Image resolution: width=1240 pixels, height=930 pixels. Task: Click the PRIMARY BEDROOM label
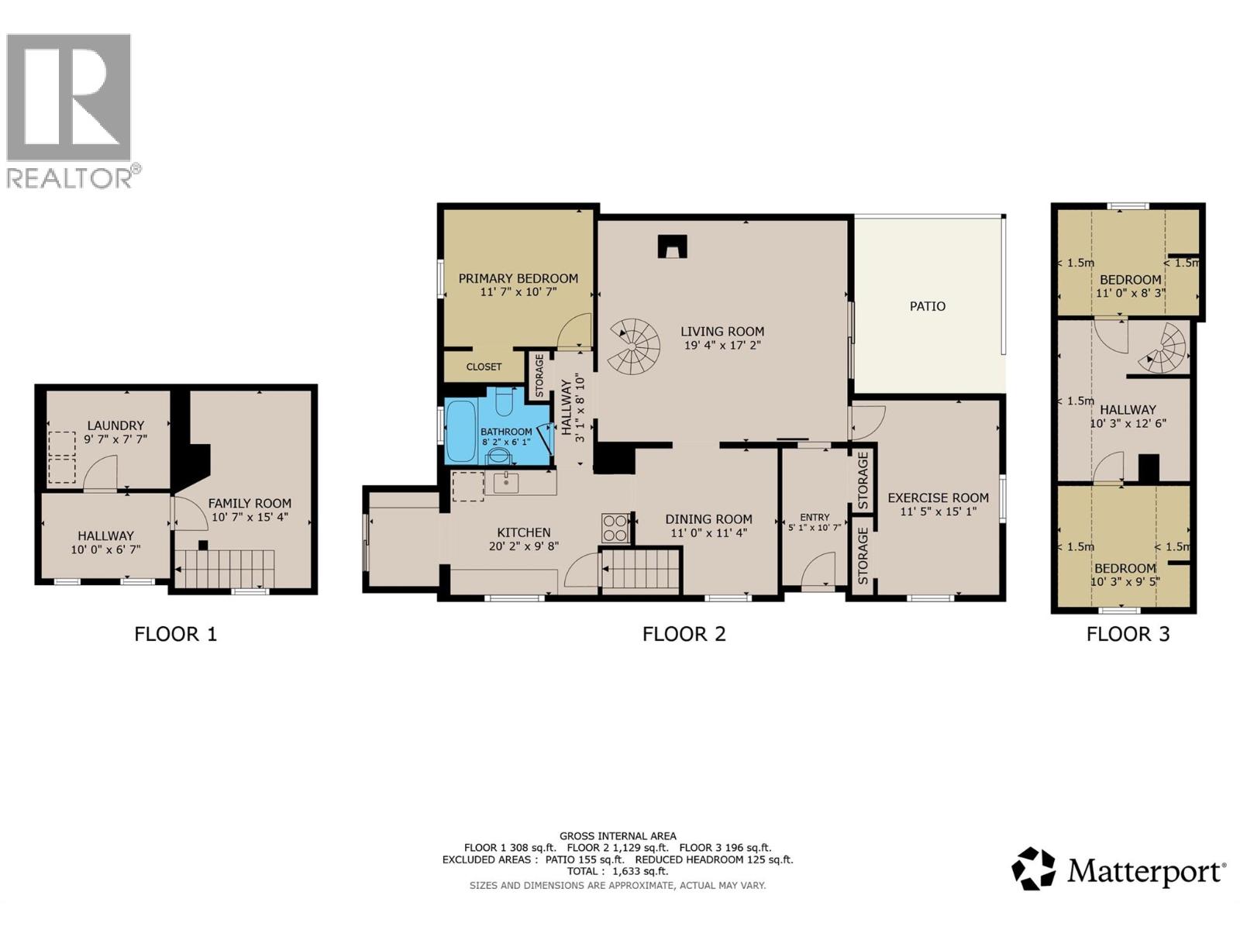point(518,278)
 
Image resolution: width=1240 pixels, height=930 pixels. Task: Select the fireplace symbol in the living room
point(671,246)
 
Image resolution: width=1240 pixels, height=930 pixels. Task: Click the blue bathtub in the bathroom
point(460,431)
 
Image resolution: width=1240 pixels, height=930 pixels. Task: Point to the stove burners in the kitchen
point(615,528)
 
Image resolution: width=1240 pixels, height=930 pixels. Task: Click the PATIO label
point(927,306)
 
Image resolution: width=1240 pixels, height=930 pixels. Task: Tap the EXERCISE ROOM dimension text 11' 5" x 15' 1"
point(938,511)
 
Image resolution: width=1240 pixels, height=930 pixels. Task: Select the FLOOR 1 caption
point(176,634)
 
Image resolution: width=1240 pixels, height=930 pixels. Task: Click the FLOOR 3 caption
point(1128,634)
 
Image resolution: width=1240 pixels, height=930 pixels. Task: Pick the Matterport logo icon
point(1033,869)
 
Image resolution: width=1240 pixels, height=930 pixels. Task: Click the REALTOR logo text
point(70,178)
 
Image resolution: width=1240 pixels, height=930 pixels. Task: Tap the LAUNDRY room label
point(115,425)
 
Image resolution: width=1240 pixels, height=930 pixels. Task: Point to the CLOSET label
point(484,367)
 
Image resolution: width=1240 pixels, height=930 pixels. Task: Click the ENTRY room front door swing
point(818,572)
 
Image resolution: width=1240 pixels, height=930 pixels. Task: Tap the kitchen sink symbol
point(505,483)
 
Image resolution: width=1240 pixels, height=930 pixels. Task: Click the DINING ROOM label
point(708,519)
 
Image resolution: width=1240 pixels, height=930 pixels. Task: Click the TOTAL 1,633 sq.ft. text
point(617,871)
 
